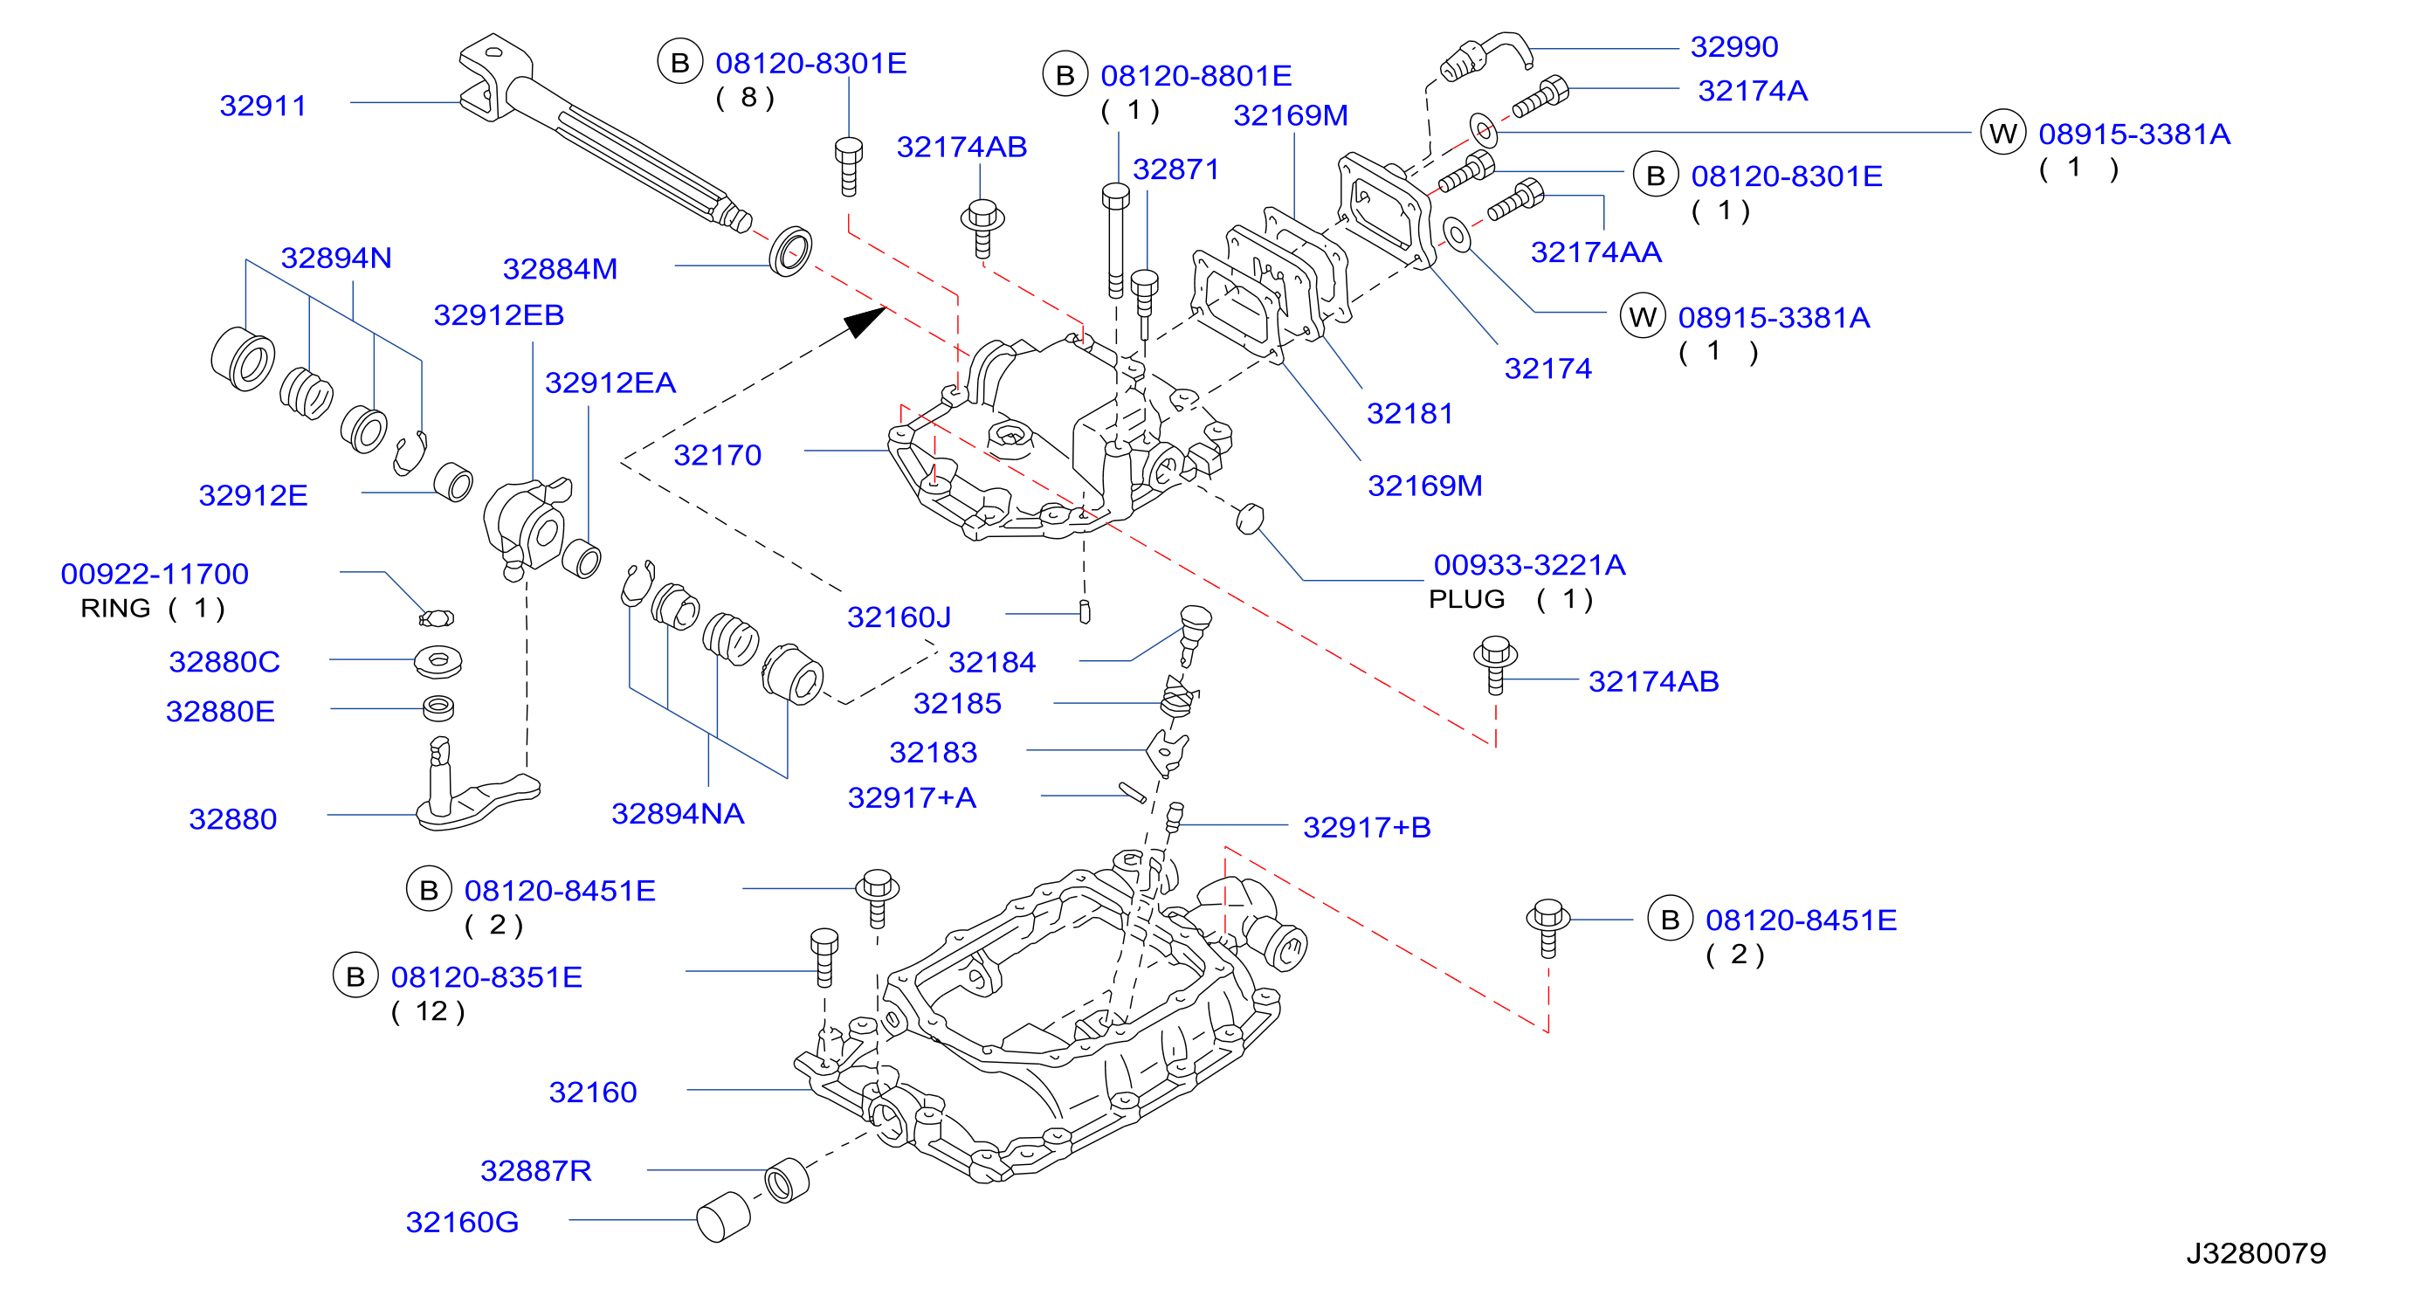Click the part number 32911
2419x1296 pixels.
pyautogui.click(x=263, y=105)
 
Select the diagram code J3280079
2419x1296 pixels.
pyautogui.click(x=2256, y=1253)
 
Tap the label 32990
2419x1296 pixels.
pyautogui.click(x=1733, y=46)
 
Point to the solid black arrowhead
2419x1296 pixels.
pyautogui.click(x=864, y=321)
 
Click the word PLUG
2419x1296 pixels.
pyautogui.click(x=1466, y=599)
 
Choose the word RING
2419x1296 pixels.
pyautogui.click(x=115, y=609)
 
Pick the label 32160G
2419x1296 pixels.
pyautogui.click(x=462, y=1222)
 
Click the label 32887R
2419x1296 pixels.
pyautogui.click(x=536, y=1170)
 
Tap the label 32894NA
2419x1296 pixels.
pyautogui.click(x=678, y=813)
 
